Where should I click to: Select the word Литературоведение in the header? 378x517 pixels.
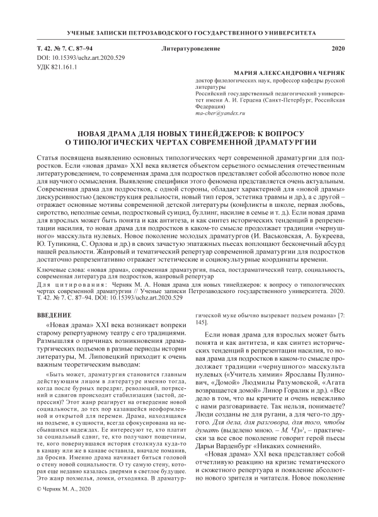(188, 48)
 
